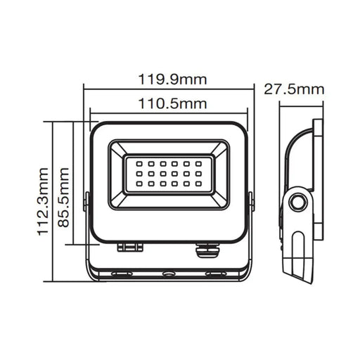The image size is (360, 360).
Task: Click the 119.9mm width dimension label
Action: (169, 79)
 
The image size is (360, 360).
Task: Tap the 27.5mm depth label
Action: (295, 89)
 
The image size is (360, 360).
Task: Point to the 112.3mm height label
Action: (44, 201)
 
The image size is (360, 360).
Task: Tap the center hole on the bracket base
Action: (169, 271)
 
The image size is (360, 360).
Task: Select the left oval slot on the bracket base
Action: (124, 271)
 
